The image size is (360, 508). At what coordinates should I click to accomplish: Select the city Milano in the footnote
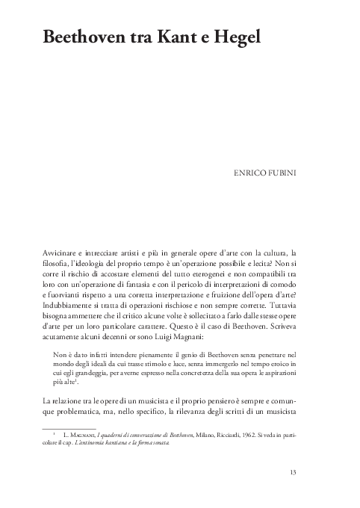[x=173, y=434]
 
